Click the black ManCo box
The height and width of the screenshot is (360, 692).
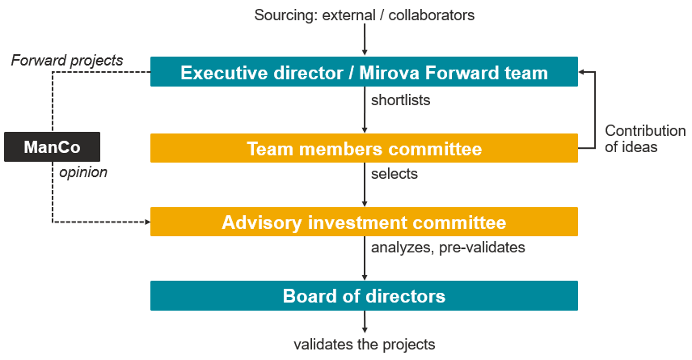[x=52, y=146]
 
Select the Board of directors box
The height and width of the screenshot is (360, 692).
[x=364, y=295]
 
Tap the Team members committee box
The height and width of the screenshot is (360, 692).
[x=364, y=148]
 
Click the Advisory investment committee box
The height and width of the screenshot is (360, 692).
[x=364, y=222]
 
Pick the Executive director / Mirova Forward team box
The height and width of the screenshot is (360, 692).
[x=364, y=71]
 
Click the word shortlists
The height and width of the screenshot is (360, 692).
[x=400, y=100]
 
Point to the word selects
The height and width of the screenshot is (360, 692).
[x=395, y=174]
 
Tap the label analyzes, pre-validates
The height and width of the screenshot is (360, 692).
[x=448, y=248]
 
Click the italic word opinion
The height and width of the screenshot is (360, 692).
[x=83, y=172]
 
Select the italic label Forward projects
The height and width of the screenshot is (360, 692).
[x=67, y=60]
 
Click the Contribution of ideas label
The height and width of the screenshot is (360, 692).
[x=645, y=138]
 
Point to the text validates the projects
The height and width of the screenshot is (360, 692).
[x=364, y=344]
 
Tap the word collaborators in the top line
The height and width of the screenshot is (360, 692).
[x=431, y=15]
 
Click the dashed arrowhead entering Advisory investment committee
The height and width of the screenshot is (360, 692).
[x=148, y=222]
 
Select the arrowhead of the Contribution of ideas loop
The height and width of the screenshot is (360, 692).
[x=581, y=71]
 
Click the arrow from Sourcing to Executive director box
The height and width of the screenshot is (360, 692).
[x=365, y=40]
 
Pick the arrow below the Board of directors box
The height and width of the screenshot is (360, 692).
[x=365, y=321]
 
